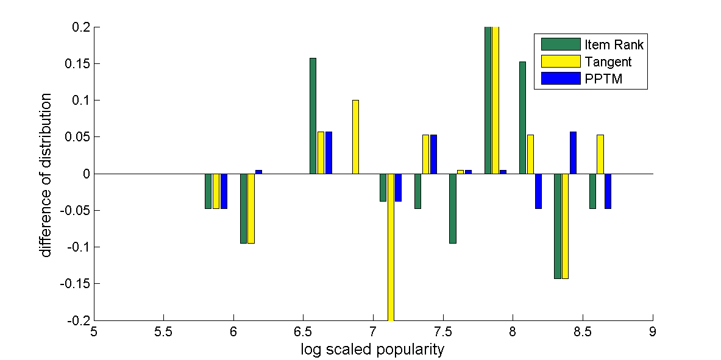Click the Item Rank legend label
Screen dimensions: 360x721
click(614, 44)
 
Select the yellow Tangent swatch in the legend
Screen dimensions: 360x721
click(561, 62)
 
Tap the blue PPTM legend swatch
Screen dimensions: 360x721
click(561, 79)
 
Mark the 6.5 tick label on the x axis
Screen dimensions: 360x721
click(303, 333)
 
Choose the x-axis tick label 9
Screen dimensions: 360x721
click(653, 333)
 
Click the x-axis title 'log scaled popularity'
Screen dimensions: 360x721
click(372, 350)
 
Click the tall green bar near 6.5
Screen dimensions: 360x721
click(313, 116)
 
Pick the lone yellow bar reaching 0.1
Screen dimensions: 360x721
click(355, 137)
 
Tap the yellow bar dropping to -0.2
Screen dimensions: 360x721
click(391, 247)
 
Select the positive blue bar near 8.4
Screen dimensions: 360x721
click(573, 153)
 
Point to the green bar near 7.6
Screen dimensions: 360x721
click(453, 208)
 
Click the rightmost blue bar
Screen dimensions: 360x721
click(608, 191)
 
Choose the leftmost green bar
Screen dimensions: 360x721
click(208, 191)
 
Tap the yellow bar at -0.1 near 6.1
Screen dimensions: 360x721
click(250, 208)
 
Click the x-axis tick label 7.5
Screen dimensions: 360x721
click(442, 333)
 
